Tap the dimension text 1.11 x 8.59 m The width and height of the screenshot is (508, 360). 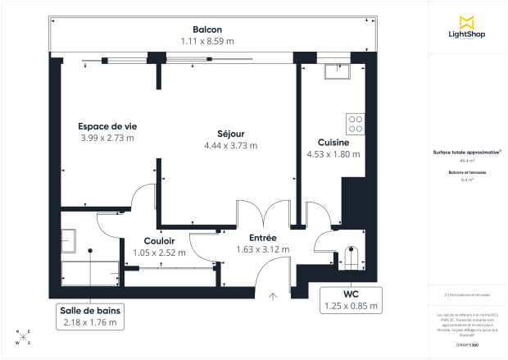tap(207, 40)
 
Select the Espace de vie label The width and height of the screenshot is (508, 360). tap(107, 126)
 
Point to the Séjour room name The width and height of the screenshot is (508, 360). tap(231, 134)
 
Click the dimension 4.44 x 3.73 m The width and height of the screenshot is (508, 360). tap(231, 145)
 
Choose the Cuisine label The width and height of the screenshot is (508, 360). tap(333, 142)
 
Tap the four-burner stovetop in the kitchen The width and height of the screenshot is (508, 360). tap(356, 124)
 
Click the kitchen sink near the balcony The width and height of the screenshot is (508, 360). tap(337, 71)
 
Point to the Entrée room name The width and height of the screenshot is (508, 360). tap(251, 238)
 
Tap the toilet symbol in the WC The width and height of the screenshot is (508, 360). tap(350, 258)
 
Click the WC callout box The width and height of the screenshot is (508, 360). tap(351, 299)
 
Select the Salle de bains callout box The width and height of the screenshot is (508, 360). tap(91, 317)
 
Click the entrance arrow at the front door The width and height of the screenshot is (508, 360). tap(274, 296)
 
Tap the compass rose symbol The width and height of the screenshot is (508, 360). tap(24, 336)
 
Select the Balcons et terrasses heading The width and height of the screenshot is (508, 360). tap(467, 172)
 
